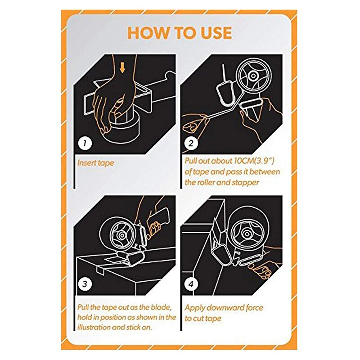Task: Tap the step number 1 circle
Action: click(x=85, y=144)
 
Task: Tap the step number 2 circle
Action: click(x=191, y=144)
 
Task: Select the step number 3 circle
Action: click(x=85, y=284)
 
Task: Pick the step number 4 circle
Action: click(x=191, y=284)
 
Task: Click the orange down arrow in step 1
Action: click(x=123, y=68)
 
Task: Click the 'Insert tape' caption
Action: click(x=96, y=163)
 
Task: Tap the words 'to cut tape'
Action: click(x=203, y=319)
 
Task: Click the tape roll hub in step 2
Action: click(x=253, y=76)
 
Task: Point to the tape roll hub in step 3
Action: click(x=122, y=235)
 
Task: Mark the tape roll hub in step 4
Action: click(x=247, y=234)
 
